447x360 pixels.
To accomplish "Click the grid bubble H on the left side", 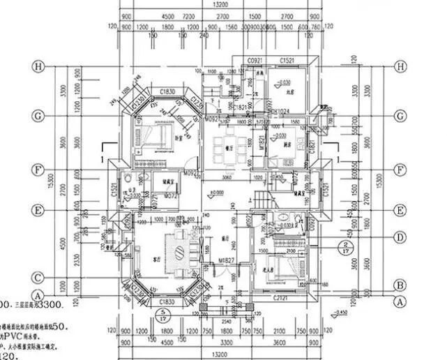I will [x=40, y=67].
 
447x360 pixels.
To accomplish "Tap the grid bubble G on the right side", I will [x=400, y=116].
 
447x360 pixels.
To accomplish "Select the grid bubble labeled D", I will [x=400, y=237].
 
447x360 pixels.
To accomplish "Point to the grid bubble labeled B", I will [x=400, y=285].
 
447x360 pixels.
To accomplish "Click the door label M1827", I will [x=225, y=260].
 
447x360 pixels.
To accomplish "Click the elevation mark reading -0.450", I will [x=361, y=311].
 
